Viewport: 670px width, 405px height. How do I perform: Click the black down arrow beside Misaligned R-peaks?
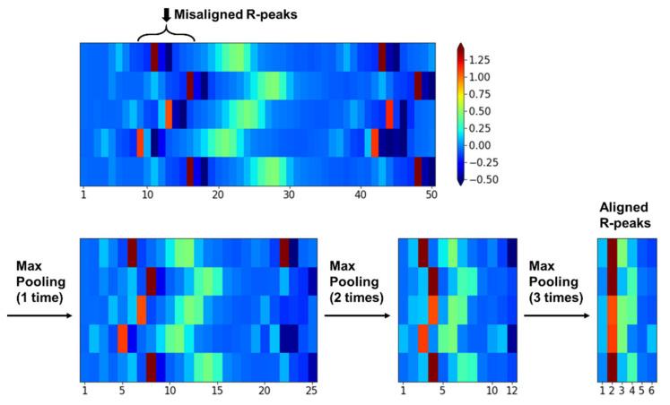[x=166, y=13]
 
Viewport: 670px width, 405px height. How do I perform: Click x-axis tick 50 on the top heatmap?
[x=431, y=194]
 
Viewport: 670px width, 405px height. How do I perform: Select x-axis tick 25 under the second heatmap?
[x=311, y=391]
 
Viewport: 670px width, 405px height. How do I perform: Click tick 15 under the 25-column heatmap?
[x=216, y=391]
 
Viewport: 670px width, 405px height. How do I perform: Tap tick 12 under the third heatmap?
[x=512, y=391]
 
